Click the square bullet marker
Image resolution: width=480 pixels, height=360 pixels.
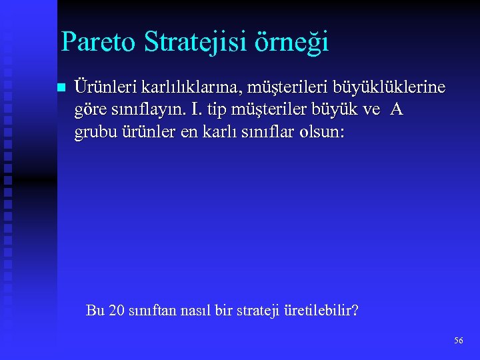pyautogui.click(x=61, y=88)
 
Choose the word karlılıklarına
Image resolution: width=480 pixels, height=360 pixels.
pyautogui.click(x=183, y=88)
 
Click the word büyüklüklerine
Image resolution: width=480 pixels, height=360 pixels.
pyautogui.click(x=390, y=88)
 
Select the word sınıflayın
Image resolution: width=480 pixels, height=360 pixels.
pyautogui.click(x=145, y=110)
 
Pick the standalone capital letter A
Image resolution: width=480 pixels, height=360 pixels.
pyautogui.click(x=397, y=109)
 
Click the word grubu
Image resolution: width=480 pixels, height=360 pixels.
pyautogui.click(x=95, y=132)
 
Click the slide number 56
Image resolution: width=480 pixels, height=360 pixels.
pyautogui.click(x=458, y=341)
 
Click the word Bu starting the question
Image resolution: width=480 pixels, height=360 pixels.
pyautogui.click(x=95, y=311)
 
